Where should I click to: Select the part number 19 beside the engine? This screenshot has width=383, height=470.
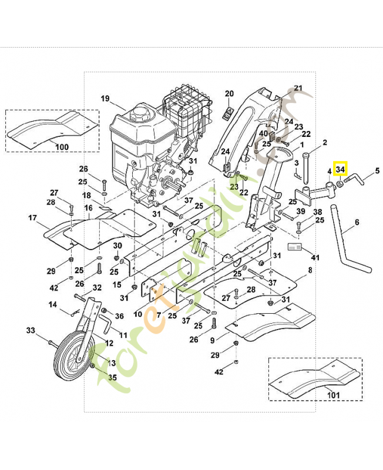coord(105,98)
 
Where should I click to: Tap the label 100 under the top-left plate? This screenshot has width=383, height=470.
coord(62,146)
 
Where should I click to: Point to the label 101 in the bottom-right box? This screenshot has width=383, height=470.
coord(333,395)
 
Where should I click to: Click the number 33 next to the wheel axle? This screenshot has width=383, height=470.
coord(31,330)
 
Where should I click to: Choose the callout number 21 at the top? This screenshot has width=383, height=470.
coord(298,89)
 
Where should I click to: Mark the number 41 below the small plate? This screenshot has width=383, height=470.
coord(315,257)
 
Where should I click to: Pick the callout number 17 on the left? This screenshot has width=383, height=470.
coord(33,218)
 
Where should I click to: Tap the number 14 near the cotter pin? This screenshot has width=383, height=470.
coord(52,304)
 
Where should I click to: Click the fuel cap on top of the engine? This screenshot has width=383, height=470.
coord(139,110)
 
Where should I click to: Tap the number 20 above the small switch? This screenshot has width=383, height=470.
coord(229,93)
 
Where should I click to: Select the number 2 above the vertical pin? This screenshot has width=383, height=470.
coord(325,142)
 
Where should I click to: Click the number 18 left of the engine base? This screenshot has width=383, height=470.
coord(86,195)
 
